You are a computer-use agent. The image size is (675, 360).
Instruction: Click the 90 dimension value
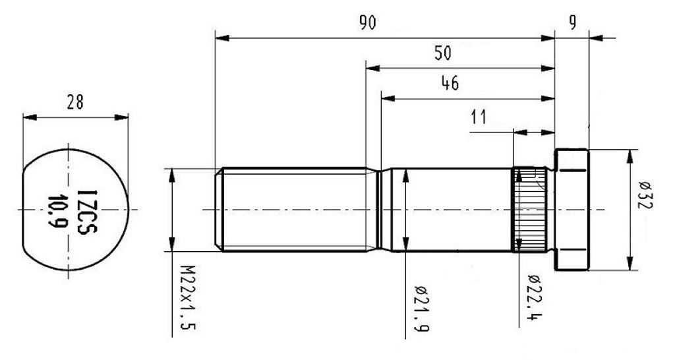(367, 23)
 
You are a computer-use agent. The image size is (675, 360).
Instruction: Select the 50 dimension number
(443, 53)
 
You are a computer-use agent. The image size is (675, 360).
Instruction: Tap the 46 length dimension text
(450, 83)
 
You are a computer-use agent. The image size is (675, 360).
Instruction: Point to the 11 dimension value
(479, 117)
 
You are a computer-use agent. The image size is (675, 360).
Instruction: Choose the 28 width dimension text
(75, 102)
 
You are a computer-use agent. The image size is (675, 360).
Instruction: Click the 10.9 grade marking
(58, 210)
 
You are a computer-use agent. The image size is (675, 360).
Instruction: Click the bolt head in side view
(572, 210)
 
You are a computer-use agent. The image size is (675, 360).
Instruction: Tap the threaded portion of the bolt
(293, 210)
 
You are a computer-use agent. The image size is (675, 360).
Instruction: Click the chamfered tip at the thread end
(219, 210)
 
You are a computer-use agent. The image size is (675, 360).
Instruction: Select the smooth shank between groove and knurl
(448, 210)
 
